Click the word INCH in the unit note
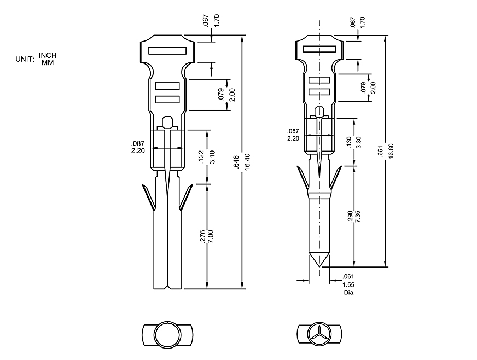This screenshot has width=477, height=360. click(48, 55)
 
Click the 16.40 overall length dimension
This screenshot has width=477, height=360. click(247, 162)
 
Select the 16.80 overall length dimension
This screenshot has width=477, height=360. click(390, 151)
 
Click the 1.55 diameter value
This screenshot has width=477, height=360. click(348, 285)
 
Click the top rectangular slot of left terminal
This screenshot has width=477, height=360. click(167, 50)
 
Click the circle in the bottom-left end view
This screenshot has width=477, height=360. click(166, 333)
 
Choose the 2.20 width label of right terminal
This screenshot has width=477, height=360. click(293, 138)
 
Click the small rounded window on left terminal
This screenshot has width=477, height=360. click(168, 120)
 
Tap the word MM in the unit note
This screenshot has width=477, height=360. click(48, 62)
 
